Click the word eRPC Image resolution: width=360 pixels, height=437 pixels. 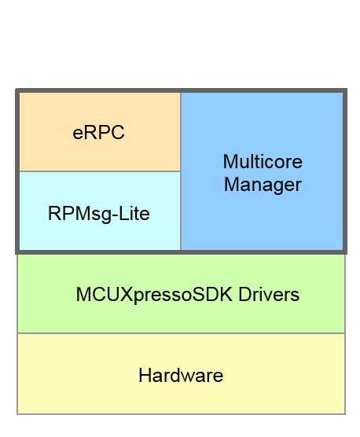[x=98, y=133]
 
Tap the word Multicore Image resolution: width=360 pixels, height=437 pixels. [x=262, y=162]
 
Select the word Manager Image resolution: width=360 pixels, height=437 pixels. [x=262, y=185]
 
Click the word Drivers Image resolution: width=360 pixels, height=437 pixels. [x=270, y=295]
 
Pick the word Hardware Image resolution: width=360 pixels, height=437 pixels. [x=181, y=376]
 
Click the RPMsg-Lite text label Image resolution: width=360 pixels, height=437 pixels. [x=98, y=213]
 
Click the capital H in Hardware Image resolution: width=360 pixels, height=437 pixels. [x=145, y=376]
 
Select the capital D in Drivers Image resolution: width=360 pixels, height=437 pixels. [x=245, y=295]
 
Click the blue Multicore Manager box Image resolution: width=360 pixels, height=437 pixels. [x=262, y=220]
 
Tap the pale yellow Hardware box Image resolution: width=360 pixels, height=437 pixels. [x=181, y=397]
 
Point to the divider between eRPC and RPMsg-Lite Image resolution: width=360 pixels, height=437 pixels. [x=98, y=171]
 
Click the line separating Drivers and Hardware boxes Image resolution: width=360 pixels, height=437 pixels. [x=181, y=333]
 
